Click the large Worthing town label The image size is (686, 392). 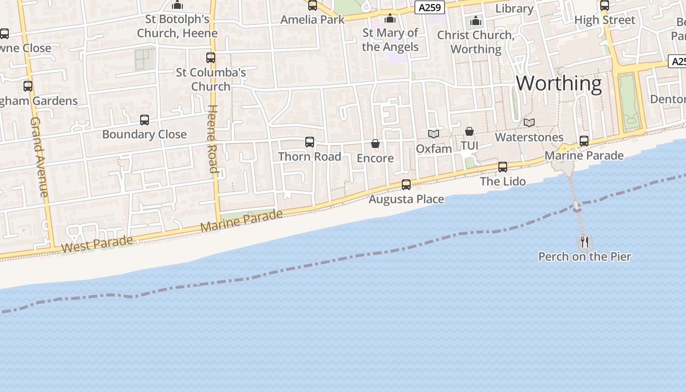(x=559, y=83)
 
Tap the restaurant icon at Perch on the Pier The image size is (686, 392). (x=585, y=242)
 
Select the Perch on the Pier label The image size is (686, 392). (x=585, y=256)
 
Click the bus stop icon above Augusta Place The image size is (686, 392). (x=406, y=185)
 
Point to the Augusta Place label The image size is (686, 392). (x=406, y=199)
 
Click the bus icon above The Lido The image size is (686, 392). (x=503, y=167)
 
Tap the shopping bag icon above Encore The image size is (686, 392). (x=375, y=144)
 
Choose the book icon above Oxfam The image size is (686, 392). (x=434, y=134)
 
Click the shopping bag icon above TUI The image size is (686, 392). (x=469, y=131)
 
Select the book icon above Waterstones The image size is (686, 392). (x=529, y=122)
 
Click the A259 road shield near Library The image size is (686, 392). (x=430, y=8)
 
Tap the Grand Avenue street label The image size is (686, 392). (x=39, y=157)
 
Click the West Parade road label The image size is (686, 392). (x=98, y=244)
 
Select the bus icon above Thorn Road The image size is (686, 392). (x=310, y=142)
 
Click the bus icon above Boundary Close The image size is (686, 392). (x=145, y=120)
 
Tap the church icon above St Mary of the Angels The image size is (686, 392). (x=390, y=19)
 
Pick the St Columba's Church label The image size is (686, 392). (x=211, y=79)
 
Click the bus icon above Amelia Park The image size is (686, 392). (x=313, y=5)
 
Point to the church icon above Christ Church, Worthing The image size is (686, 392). (x=476, y=21)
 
